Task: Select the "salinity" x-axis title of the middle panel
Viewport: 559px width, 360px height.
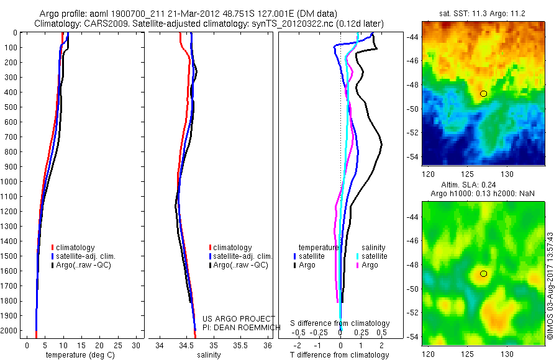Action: (x=209, y=355)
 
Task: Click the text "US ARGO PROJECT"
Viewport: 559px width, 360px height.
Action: (x=239, y=318)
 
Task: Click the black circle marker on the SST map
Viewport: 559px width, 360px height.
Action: (x=483, y=93)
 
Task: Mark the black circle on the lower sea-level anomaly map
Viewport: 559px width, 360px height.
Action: (x=483, y=274)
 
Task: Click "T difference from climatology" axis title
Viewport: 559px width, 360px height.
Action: (x=340, y=355)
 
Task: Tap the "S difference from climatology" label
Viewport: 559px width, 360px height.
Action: (x=340, y=323)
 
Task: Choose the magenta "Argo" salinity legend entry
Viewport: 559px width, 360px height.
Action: (x=370, y=265)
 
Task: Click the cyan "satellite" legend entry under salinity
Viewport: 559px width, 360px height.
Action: (x=375, y=256)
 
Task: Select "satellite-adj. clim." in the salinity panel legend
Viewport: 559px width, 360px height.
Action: (x=243, y=256)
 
